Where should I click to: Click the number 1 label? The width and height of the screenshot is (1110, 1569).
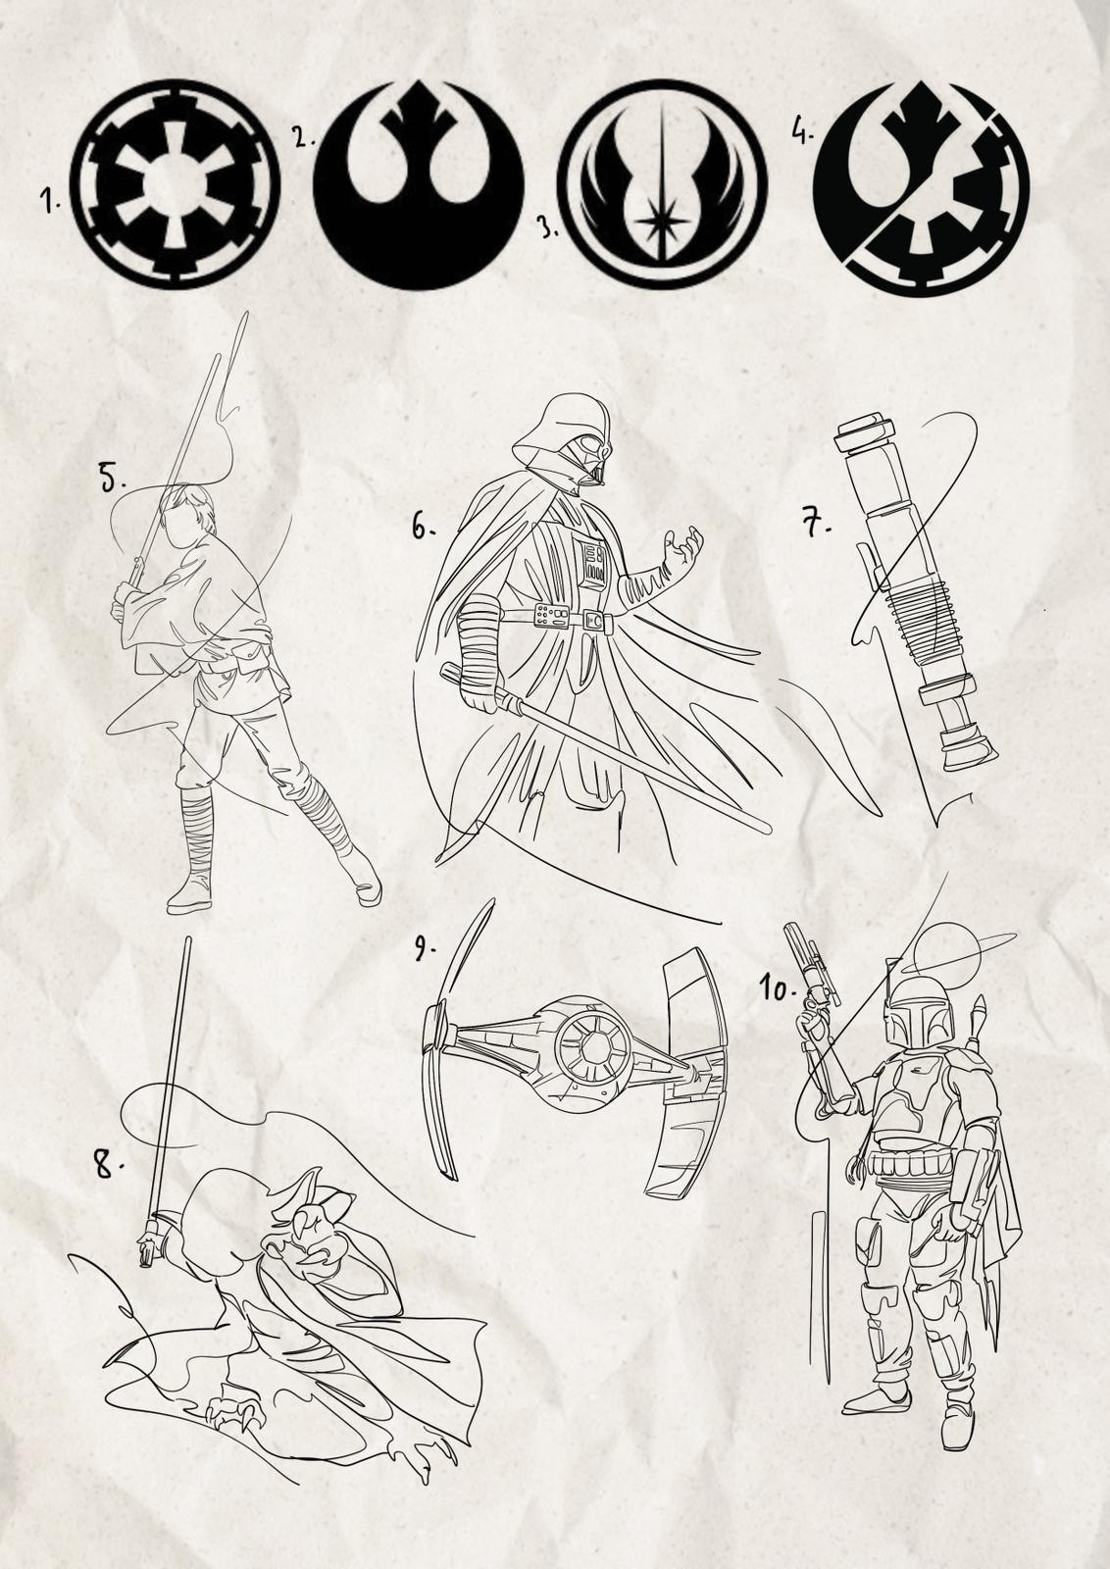[x=49, y=202]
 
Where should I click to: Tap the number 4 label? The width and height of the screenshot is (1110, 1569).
[x=802, y=129]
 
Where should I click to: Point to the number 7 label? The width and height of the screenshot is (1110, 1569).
[x=815, y=524]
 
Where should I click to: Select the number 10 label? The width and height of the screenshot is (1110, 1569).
[x=779, y=989]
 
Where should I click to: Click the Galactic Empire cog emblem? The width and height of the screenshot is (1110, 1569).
[x=176, y=184]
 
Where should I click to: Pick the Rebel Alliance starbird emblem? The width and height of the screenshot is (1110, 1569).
[x=418, y=184]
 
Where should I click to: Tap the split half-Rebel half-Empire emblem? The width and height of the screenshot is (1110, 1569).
[x=925, y=185]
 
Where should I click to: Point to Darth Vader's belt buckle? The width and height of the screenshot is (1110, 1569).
[x=595, y=620]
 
